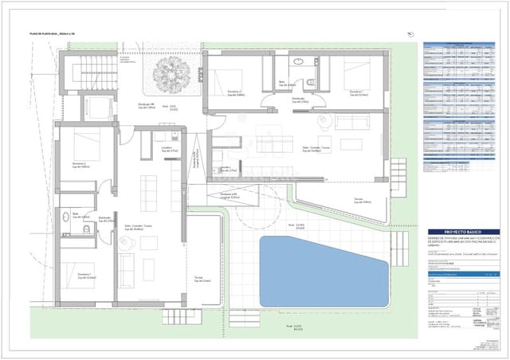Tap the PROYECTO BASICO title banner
[452, 229]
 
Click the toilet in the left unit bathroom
[85, 229]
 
